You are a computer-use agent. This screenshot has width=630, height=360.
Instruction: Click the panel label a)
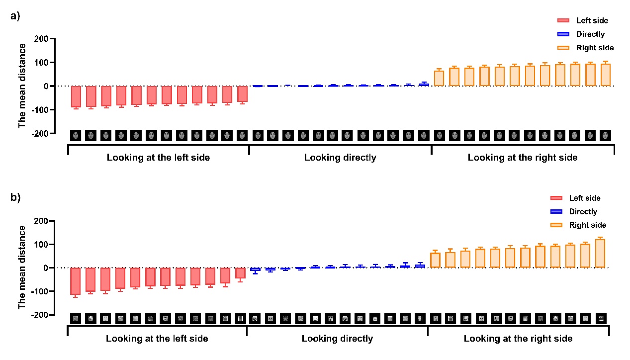15,15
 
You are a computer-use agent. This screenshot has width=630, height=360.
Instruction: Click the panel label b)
15,197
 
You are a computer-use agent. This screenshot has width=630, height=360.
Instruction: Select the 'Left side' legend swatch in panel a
563,20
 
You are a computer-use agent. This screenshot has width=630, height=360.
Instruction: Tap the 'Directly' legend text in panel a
590,34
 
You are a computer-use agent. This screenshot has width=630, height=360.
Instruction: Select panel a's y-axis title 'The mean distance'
22,86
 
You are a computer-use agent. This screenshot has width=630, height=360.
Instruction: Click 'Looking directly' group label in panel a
340,158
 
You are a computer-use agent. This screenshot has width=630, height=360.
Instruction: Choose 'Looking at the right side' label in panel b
518,339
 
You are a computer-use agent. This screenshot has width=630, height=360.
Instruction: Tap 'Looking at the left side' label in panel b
157,339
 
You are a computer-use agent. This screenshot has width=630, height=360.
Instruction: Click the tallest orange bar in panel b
600,254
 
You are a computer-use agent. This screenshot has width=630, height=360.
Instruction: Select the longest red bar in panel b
75,281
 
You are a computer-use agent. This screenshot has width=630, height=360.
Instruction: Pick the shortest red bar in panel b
240,273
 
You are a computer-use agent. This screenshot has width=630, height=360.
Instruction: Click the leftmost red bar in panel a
76,96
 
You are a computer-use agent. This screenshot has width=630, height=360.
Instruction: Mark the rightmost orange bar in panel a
605,75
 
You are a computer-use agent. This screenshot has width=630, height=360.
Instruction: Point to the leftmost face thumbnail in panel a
76,135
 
